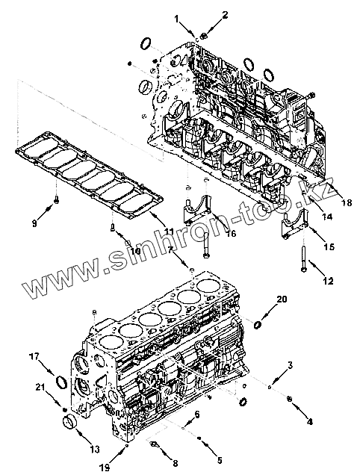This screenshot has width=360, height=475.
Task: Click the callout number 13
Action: coord(95,449)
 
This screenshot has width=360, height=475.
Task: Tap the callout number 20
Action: coord(282,299)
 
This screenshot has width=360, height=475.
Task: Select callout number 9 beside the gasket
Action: coord(34,223)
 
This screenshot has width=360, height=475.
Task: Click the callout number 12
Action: coord(328,281)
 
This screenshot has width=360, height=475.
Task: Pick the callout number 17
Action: coord(34,356)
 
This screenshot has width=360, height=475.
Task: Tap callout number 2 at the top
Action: coord(225,14)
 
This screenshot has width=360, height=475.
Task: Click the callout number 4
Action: coord(309,421)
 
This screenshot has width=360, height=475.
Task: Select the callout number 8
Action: coord(175,462)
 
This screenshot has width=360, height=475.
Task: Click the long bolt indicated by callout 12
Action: coord(304,258)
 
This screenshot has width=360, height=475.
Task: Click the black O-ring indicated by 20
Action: coord(257,325)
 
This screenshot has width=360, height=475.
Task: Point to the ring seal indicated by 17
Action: coord(62,382)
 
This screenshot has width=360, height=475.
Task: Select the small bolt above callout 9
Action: coord(56,200)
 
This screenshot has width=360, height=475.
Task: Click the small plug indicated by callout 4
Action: coord(289,400)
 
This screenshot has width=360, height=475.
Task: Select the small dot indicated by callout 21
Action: coord(64,409)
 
